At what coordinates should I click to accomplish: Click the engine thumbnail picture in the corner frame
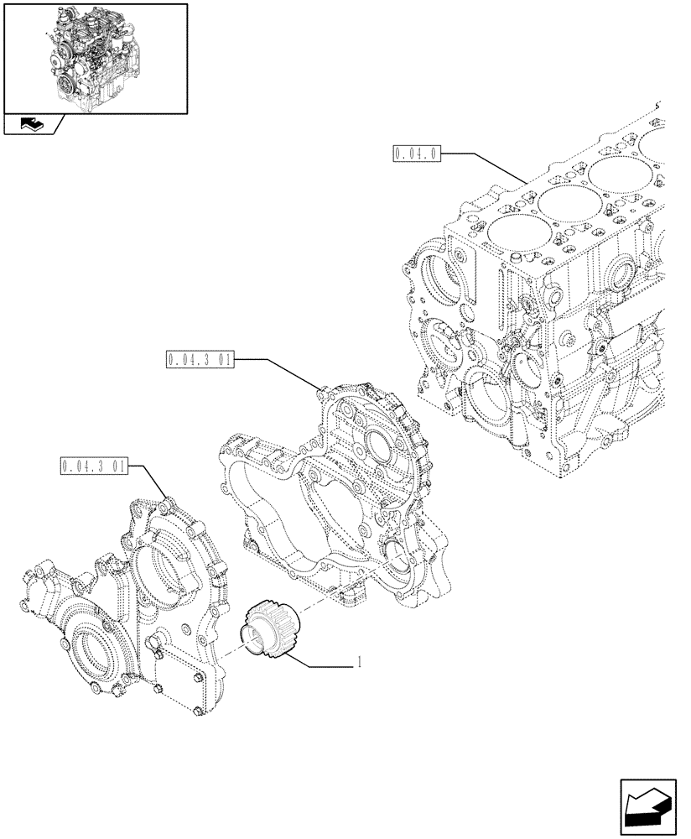coord(95,57)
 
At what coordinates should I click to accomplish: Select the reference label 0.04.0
coord(416,154)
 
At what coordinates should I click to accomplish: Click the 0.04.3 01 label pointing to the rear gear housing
coord(200,360)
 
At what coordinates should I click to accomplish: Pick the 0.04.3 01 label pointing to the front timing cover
coord(93,465)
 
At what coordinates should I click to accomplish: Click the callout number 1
coord(359,662)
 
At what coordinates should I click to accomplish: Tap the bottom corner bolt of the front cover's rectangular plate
coord(196,713)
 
